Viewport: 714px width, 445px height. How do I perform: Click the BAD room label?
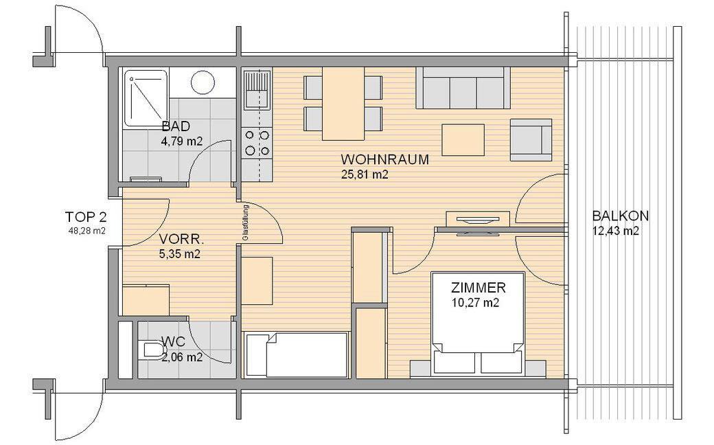coord(176,126)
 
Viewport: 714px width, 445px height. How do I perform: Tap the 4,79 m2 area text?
coord(182,141)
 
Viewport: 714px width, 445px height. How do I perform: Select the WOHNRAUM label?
coord(384,159)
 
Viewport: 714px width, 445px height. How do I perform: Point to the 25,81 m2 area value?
coord(365,174)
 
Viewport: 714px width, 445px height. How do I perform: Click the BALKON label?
coord(620,216)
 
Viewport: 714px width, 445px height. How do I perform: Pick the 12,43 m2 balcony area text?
coord(616,231)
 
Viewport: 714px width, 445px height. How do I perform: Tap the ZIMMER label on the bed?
coord(478,288)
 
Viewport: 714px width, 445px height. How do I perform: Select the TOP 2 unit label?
coord(86,216)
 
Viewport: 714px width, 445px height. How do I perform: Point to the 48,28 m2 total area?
coord(86,231)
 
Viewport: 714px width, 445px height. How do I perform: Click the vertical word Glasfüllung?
coord(246,223)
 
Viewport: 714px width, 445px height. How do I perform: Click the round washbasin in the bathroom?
coord(203,82)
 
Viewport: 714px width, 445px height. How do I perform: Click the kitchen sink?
coord(257,90)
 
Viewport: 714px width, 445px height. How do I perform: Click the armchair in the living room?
coord(531,140)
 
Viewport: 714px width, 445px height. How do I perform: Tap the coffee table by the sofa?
coord(463,140)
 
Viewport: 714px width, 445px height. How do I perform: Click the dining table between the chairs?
coord(343,104)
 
